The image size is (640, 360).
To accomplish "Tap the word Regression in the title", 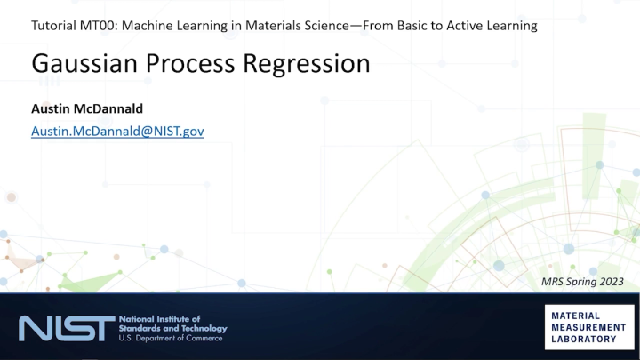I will pyautogui.click(x=309, y=65).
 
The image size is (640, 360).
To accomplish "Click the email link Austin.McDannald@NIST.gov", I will pyautogui.click(x=117, y=131).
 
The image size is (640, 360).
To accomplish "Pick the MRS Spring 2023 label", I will pyautogui.click(x=589, y=282).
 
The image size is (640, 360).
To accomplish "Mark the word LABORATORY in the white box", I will pyautogui.click(x=584, y=339).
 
